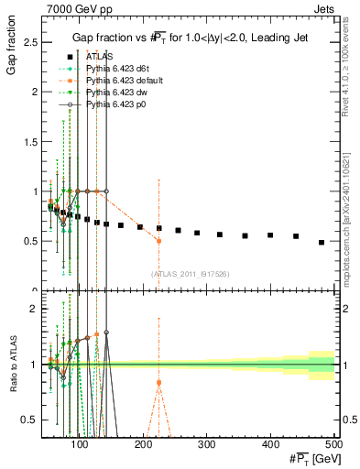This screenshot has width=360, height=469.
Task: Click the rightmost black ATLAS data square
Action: [x=322, y=243]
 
